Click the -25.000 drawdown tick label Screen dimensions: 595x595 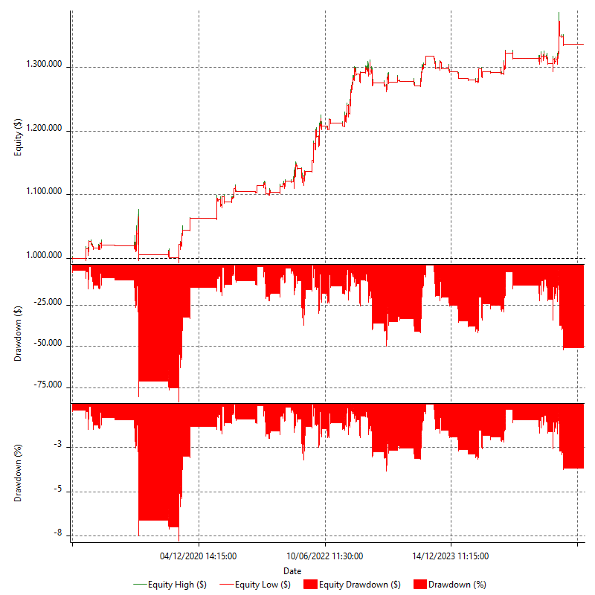coord(50,303)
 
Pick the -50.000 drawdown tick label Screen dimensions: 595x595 coord(50,345)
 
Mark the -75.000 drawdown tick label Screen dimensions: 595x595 coord(50,385)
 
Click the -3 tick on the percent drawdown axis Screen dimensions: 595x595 coord(59,446)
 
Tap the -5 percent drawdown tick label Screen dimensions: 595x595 coord(59,491)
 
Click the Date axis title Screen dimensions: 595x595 coord(292,571)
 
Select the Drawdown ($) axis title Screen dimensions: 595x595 coord(18,334)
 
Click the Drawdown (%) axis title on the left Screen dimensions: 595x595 coord(18,474)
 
